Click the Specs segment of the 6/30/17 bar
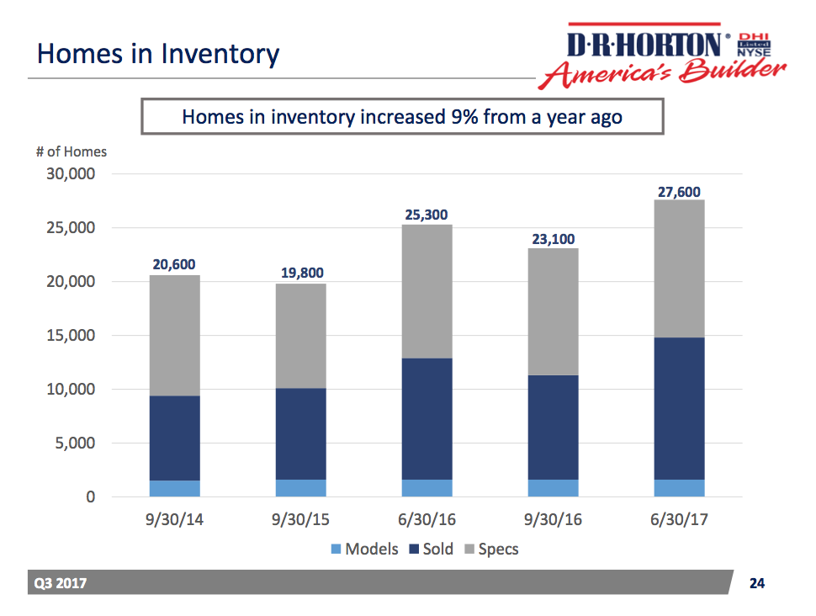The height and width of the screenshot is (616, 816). (x=679, y=268)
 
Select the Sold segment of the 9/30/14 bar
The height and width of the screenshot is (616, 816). (x=176, y=438)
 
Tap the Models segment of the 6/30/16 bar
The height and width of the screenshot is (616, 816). (x=427, y=488)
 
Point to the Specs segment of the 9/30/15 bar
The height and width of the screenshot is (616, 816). (x=301, y=336)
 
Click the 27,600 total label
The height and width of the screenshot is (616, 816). (x=679, y=192)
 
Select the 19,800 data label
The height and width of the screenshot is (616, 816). (x=301, y=273)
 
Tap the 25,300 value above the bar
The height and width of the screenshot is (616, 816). (x=427, y=215)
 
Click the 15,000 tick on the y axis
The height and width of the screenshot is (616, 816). (x=72, y=336)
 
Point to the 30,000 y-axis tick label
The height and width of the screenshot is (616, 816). (x=72, y=174)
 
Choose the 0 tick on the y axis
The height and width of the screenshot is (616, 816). (x=90, y=497)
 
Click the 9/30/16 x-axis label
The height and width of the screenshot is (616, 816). (x=554, y=520)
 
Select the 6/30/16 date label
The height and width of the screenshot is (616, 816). (x=427, y=520)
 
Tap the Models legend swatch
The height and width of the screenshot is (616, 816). (x=335, y=550)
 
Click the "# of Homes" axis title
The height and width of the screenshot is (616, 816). (x=71, y=152)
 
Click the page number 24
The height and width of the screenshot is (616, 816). (x=757, y=583)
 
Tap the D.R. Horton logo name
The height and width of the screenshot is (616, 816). (x=644, y=44)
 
